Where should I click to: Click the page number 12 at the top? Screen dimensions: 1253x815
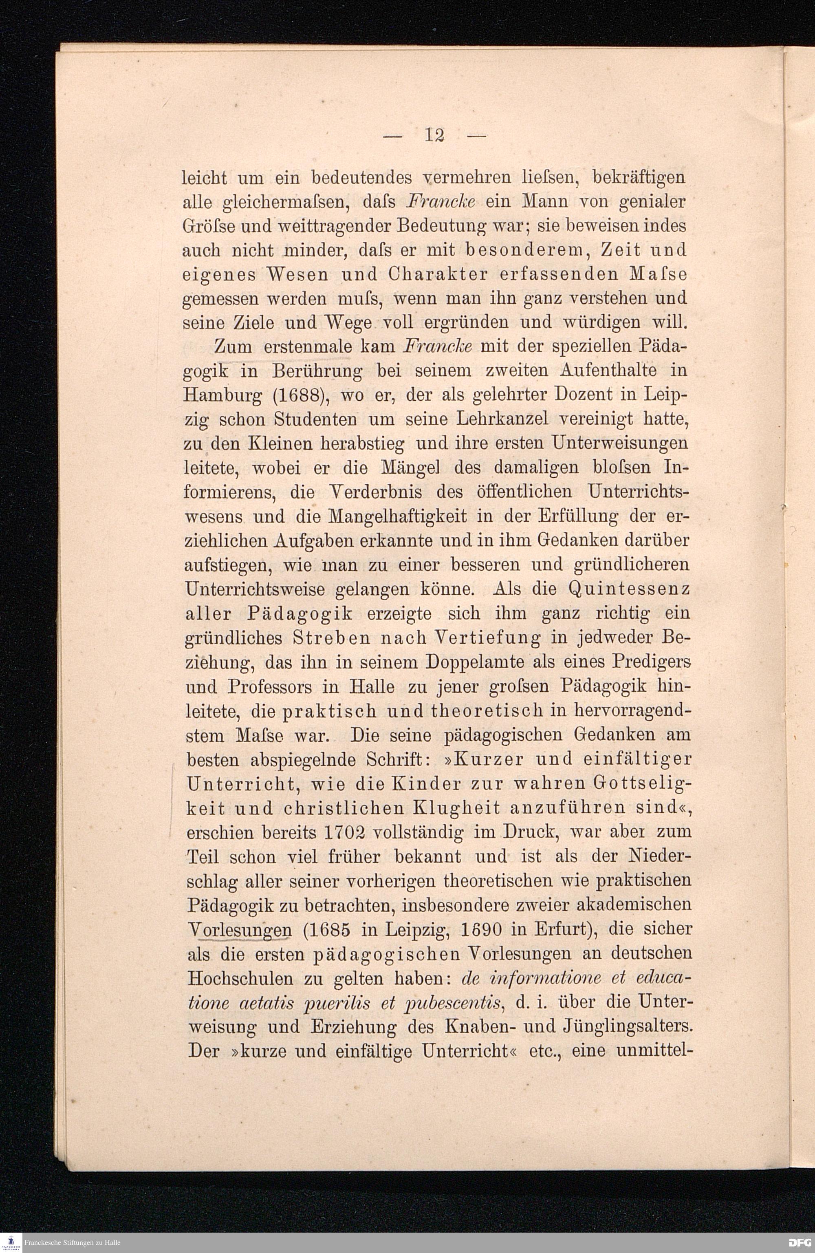435,136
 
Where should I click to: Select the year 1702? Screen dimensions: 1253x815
344,832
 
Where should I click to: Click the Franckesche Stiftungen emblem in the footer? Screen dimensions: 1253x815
11,1242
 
